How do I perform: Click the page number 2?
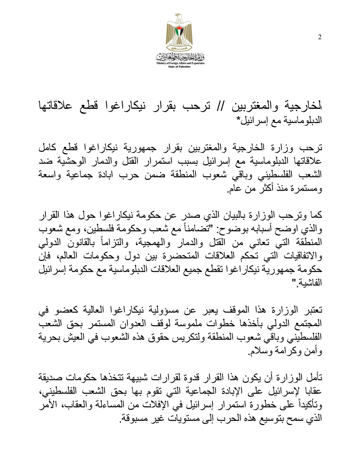click(319, 37)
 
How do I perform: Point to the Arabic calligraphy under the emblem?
click(180, 56)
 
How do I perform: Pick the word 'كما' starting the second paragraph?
click(315, 215)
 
